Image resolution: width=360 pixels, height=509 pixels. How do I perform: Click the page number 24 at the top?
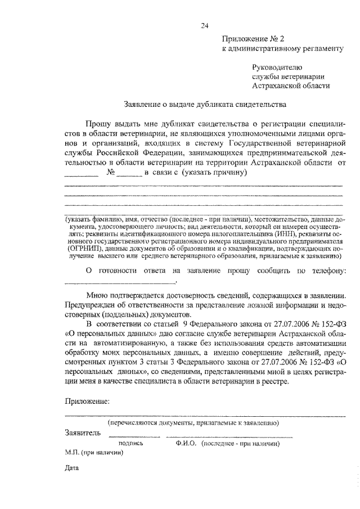205,26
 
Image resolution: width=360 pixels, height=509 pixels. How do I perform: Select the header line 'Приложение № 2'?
254,39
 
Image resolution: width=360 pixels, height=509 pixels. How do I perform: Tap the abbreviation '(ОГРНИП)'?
85,247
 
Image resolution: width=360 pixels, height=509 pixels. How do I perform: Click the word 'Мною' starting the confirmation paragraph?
97,295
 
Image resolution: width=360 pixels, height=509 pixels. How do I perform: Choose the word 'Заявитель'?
83,433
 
